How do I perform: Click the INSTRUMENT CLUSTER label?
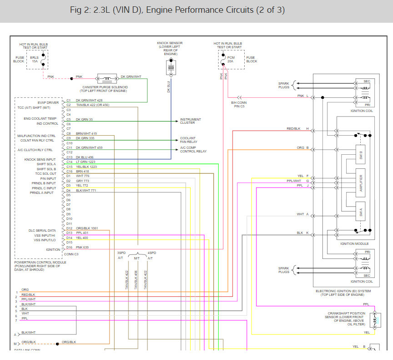[190, 121]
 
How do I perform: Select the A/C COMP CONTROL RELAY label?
[193, 150]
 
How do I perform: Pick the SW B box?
[361, 154]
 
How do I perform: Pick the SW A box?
[361, 212]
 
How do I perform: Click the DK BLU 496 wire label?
[85, 157]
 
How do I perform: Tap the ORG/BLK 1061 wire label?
[86, 228]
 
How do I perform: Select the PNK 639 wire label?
[82, 247]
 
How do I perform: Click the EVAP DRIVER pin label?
[50, 103]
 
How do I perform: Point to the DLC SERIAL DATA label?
[42, 231]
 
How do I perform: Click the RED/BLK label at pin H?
[294, 129]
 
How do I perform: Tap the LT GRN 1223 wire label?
[86, 162]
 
